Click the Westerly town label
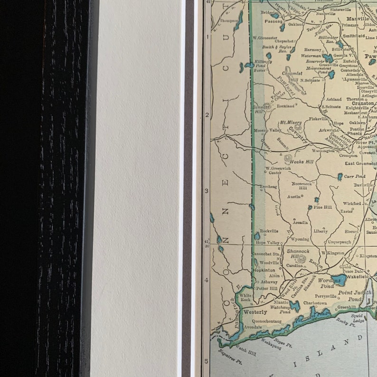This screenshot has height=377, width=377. (x=254, y=312)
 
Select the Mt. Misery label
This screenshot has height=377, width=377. (x=291, y=123)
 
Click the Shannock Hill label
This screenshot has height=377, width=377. (x=298, y=254)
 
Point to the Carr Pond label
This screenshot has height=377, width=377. (x=354, y=176)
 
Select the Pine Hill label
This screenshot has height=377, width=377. (x=322, y=207)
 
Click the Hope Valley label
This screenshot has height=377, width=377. (x=267, y=243)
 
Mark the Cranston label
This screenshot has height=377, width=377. (x=363, y=103)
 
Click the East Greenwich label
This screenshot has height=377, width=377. (x=360, y=163)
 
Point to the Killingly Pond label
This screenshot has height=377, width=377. (x=263, y=64)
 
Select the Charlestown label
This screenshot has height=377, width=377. (x=315, y=303)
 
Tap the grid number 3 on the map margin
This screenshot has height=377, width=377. (x=207, y=191)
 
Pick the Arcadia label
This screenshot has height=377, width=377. (x=300, y=222)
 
